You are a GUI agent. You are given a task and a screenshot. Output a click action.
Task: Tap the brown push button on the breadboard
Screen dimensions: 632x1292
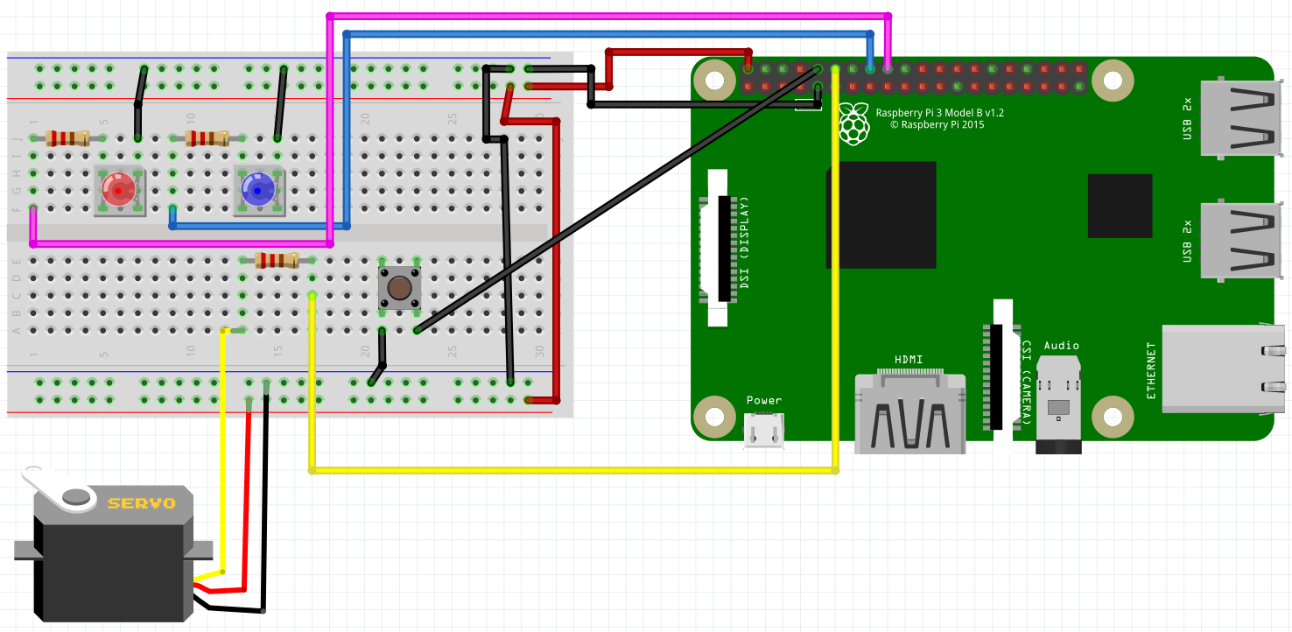(x=399, y=287)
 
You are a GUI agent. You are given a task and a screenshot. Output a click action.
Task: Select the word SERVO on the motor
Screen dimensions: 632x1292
(x=141, y=503)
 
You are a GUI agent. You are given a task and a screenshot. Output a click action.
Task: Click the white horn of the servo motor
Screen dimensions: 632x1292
(x=61, y=489)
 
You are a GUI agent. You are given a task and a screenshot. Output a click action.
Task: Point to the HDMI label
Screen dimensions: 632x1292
(x=909, y=360)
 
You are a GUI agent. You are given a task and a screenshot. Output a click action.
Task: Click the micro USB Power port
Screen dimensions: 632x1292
(x=763, y=431)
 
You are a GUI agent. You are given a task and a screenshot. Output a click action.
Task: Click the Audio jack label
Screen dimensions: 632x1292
(x=1061, y=346)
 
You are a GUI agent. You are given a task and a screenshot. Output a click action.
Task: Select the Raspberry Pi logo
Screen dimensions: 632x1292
(x=853, y=123)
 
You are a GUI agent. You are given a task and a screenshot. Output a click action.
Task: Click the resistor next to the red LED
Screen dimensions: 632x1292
(x=67, y=137)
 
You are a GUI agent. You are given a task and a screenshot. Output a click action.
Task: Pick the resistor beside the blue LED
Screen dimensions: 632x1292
(x=207, y=137)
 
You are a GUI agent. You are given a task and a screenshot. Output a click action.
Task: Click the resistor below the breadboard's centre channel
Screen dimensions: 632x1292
(x=277, y=260)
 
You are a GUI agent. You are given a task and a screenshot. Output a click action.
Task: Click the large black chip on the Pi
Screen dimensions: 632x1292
(x=881, y=214)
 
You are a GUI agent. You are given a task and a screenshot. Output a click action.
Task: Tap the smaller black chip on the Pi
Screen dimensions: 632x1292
(x=1120, y=206)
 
